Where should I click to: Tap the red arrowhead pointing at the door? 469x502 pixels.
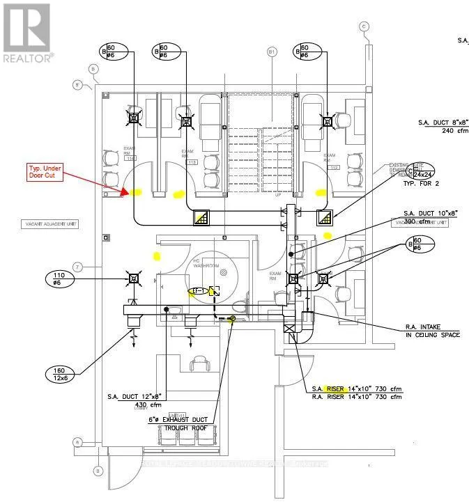point(123,192)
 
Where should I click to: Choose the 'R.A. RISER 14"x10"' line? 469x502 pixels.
point(355,397)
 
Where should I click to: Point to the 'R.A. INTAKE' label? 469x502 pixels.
point(425,326)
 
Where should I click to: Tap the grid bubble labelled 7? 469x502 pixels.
point(79,267)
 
